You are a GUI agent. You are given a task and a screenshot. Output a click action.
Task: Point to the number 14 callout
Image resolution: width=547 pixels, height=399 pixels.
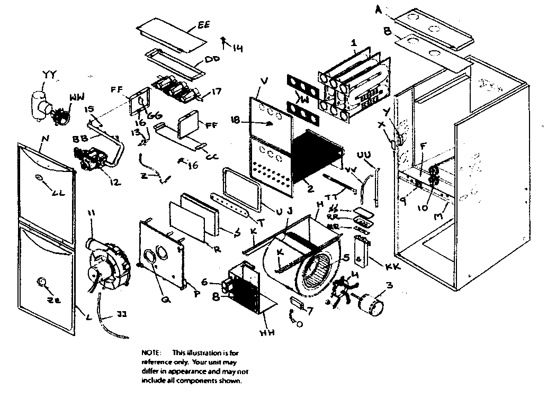pyautogui.click(x=237, y=49)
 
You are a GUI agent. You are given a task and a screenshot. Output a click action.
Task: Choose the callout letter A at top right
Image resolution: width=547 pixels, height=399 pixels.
pyautogui.click(x=378, y=9)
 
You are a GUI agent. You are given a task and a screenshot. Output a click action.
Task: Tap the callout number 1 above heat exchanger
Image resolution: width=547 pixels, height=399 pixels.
pyautogui.click(x=354, y=42)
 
